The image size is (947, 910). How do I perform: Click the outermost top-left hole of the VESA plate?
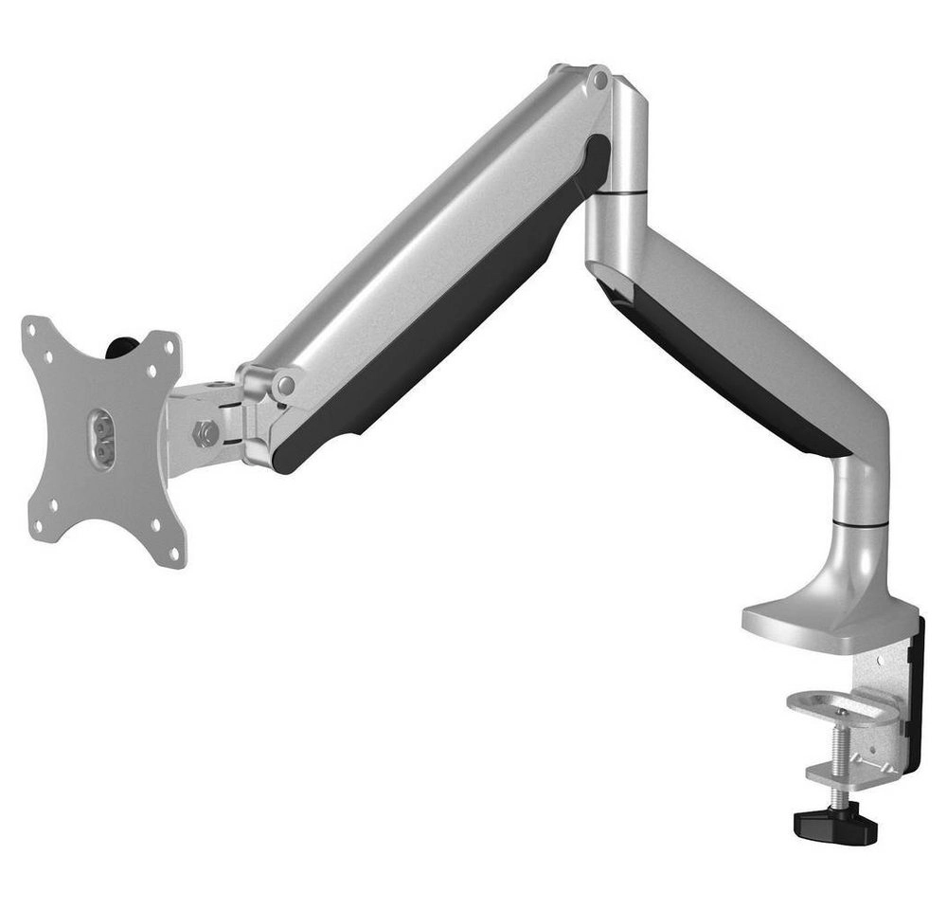(35, 331)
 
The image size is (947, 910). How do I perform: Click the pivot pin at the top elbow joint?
(598, 82)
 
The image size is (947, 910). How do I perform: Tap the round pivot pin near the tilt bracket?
(283, 385)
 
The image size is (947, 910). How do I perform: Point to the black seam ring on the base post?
(862, 522)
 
